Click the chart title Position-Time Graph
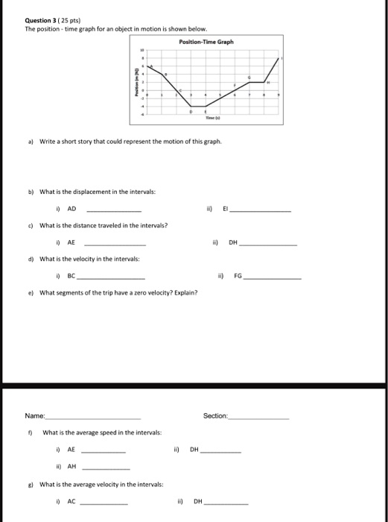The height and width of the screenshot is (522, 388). point(206,42)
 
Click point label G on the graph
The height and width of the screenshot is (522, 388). point(249,78)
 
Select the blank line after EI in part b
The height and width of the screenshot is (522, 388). point(260,211)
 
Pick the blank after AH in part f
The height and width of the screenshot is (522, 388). point(105,468)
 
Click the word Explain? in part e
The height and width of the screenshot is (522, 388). point(184,292)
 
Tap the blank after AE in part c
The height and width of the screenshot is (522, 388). point(112,243)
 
